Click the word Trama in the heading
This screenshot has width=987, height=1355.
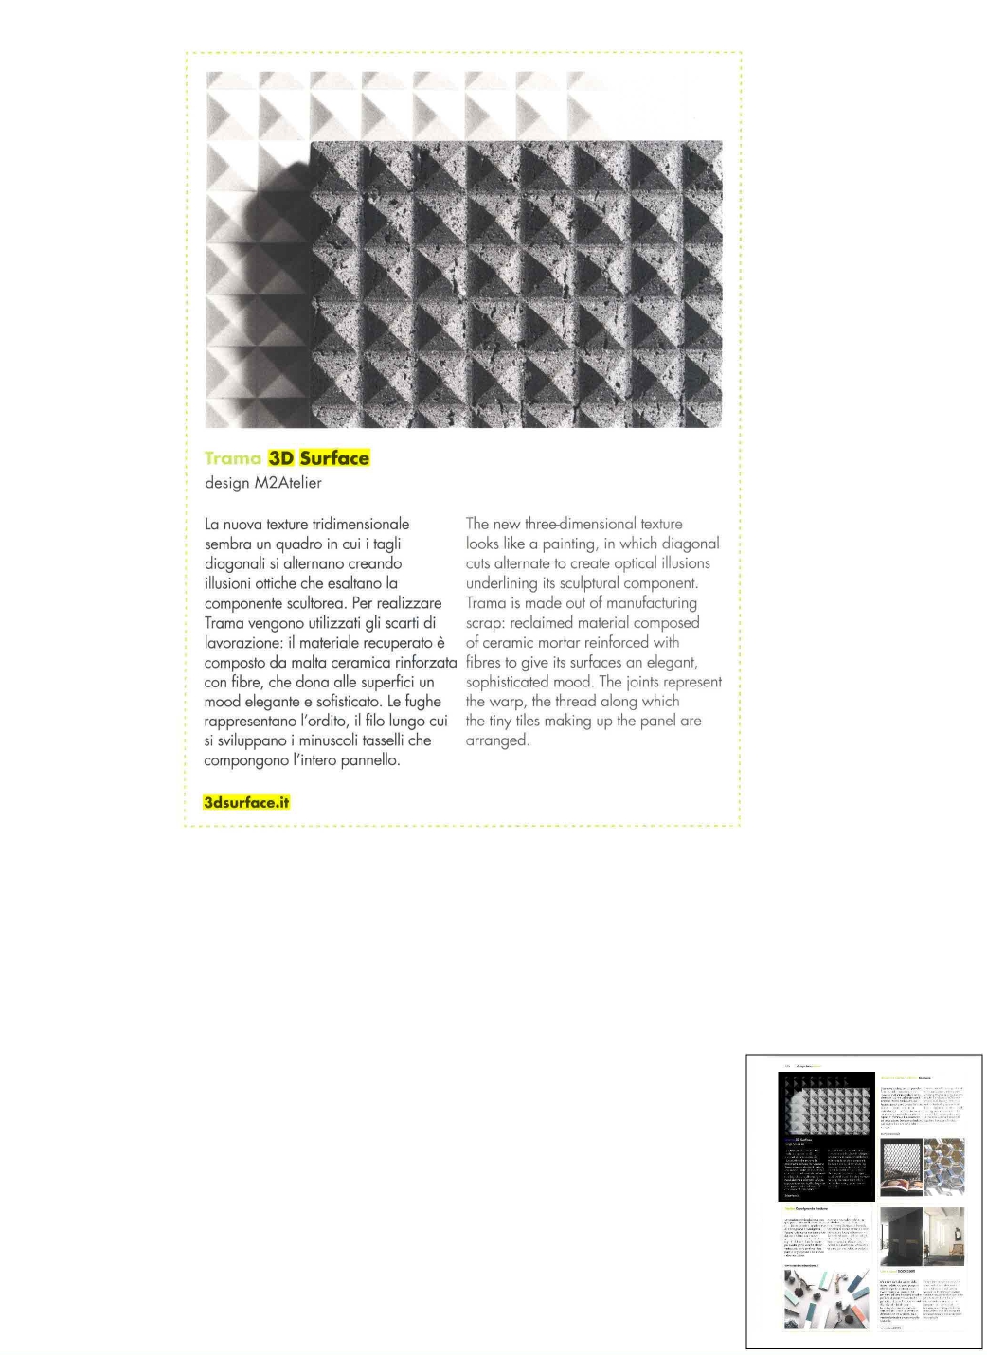click(x=232, y=458)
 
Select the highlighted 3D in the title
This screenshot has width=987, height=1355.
click(x=281, y=458)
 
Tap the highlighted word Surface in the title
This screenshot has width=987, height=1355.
click(x=334, y=458)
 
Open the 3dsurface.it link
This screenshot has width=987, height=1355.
click(x=246, y=802)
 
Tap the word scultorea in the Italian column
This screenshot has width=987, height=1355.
click(x=315, y=603)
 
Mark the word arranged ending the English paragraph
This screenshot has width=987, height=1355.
click(x=496, y=740)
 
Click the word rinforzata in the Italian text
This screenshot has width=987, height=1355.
click(x=426, y=662)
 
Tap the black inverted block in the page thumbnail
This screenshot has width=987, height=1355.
click(x=826, y=1136)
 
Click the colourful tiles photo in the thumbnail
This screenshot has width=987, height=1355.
click(x=826, y=1299)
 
